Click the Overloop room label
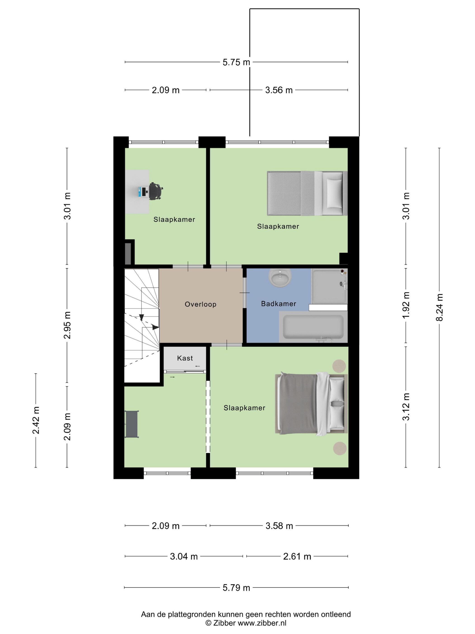200,304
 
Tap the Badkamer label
279,304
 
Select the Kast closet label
185,358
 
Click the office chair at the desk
156,191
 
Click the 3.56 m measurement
279,90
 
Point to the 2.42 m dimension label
36,420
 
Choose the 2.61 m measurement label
297,557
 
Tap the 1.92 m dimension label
406,305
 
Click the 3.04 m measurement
184,557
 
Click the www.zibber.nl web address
262,623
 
